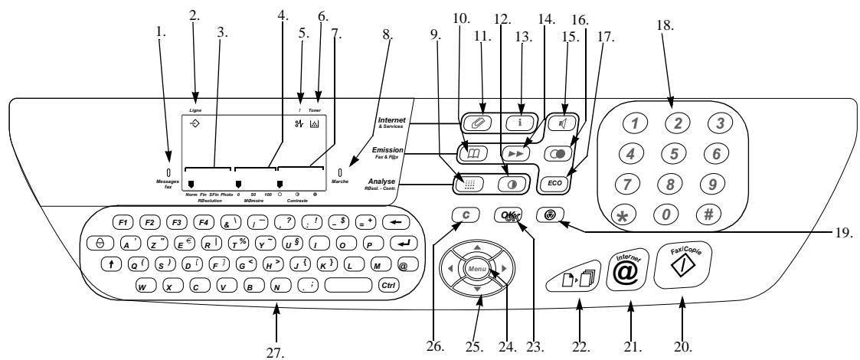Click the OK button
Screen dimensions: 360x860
507,217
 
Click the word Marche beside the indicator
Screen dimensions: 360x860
342,182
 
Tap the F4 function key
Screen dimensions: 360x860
204,223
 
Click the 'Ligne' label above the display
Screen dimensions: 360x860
195,110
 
